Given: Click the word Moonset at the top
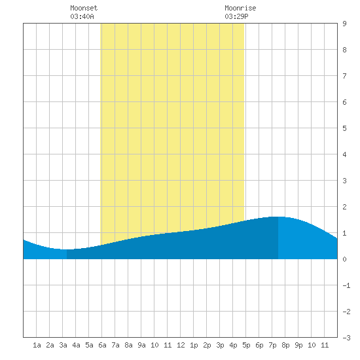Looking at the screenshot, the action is click(84, 8).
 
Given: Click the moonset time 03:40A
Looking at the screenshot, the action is click(82, 16).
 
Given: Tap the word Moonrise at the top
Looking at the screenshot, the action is click(240, 8).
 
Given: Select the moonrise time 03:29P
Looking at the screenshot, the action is click(236, 16).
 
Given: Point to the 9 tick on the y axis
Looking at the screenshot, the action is click(344, 24).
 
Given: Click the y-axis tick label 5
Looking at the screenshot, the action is click(344, 128).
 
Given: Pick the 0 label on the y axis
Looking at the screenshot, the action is click(344, 259).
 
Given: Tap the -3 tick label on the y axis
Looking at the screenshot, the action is click(346, 338).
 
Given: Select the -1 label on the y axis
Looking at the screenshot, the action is click(346, 285).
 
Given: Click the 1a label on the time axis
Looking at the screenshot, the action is click(37, 345).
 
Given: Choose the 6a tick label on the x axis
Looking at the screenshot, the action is click(102, 345).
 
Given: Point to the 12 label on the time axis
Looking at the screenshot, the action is click(181, 345).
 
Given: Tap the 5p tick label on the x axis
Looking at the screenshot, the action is click(246, 345).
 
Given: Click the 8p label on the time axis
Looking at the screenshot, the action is click(285, 345).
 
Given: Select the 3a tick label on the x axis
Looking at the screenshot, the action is click(63, 345).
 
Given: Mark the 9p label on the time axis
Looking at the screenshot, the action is click(298, 345).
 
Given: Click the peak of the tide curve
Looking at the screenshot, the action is click(278, 217).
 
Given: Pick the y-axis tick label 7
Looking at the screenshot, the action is click(344, 76).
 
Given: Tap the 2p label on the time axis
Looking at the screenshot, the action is click(207, 345).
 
